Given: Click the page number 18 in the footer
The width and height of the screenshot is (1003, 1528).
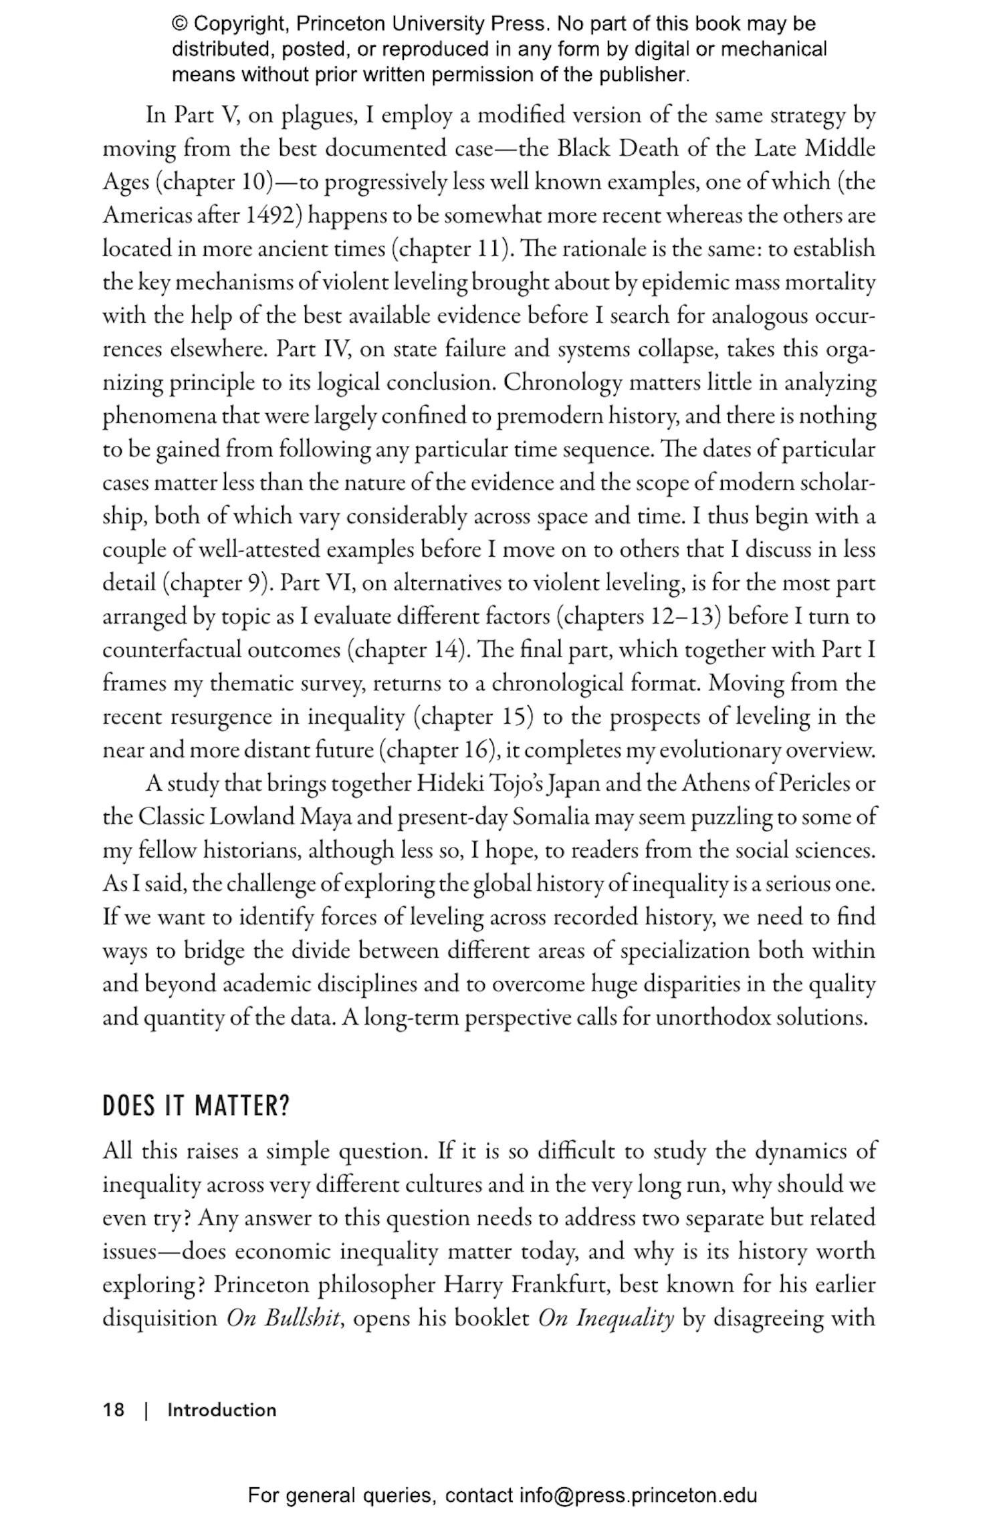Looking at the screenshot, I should (x=114, y=1410).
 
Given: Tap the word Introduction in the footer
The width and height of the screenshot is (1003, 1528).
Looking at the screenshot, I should (x=221, y=1410).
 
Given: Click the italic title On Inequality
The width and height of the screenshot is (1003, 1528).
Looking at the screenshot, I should (x=606, y=1317).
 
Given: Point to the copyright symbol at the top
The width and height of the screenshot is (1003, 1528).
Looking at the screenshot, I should (x=180, y=24).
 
